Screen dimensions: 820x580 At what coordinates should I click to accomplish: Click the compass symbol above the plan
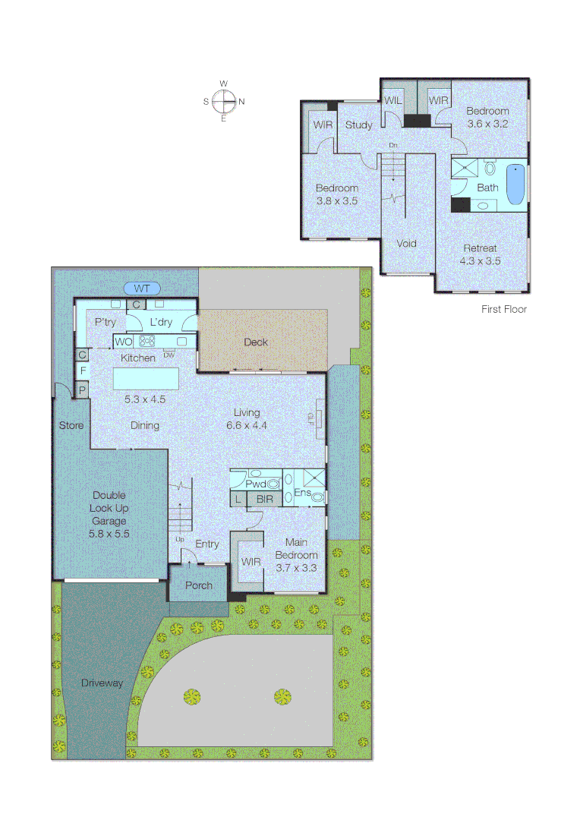pyautogui.click(x=224, y=101)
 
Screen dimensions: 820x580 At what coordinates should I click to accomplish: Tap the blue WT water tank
pyautogui.click(x=142, y=289)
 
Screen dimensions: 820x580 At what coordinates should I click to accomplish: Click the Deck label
pyautogui.click(x=256, y=342)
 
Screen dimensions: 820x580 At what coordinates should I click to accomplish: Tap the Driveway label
pyautogui.click(x=102, y=683)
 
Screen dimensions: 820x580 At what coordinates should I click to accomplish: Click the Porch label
pyautogui.click(x=198, y=585)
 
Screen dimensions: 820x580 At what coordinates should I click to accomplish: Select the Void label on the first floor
pyautogui.click(x=407, y=244)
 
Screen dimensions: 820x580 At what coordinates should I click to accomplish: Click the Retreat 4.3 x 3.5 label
pyautogui.click(x=480, y=254)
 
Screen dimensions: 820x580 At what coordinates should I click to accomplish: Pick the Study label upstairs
pyautogui.click(x=358, y=125)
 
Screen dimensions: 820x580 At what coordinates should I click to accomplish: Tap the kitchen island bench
pyautogui.click(x=147, y=378)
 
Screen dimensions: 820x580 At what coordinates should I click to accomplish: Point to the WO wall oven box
pyautogui.click(x=124, y=342)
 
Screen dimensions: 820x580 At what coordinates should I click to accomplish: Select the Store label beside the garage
pyautogui.click(x=71, y=426)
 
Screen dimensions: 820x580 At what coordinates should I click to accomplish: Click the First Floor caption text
pyautogui.click(x=504, y=309)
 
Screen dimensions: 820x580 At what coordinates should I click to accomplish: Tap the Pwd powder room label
pyautogui.click(x=255, y=483)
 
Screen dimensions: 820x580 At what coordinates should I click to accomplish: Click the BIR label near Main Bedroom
pyautogui.click(x=264, y=499)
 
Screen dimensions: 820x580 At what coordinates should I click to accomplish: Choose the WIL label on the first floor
pyautogui.click(x=392, y=100)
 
